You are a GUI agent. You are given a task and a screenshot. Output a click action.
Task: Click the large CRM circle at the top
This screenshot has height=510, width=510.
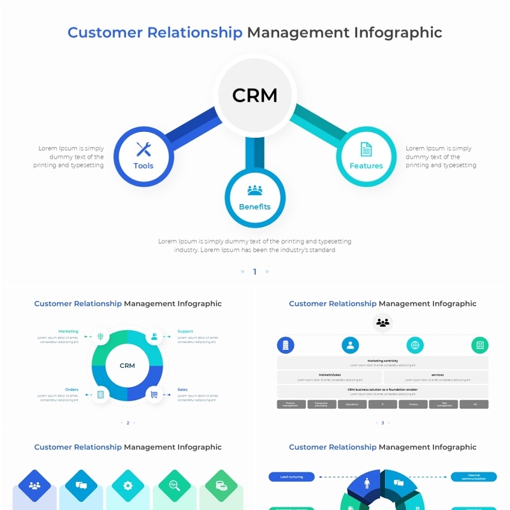255,96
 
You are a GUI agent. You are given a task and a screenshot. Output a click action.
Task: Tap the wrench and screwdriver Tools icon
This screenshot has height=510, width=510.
143,149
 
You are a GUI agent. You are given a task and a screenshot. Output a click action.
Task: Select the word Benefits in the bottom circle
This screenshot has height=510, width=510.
254,207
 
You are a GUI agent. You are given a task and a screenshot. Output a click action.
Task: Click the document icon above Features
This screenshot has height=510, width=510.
366,149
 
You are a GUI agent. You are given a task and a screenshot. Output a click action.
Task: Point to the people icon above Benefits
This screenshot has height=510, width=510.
254,190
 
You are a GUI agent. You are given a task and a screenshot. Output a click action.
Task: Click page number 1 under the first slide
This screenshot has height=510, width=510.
254,272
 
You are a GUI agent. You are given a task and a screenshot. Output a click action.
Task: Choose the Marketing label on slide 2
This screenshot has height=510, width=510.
68,331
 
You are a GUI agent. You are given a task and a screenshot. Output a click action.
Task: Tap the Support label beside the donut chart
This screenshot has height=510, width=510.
185,331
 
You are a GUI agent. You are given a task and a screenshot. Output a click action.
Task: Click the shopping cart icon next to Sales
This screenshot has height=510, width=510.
154,395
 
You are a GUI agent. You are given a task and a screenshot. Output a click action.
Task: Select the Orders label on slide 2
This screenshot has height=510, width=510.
71,390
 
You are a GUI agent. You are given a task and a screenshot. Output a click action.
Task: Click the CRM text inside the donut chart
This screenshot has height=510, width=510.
127,365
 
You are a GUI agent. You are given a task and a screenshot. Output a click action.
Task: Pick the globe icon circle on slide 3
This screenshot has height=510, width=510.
415,346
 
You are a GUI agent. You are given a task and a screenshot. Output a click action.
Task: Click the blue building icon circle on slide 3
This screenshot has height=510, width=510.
286,346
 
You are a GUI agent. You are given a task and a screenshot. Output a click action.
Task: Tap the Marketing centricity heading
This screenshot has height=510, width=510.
382,361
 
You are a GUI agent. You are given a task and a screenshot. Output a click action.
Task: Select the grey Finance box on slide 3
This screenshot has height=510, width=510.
413,404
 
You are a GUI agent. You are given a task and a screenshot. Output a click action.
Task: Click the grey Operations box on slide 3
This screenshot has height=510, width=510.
352,404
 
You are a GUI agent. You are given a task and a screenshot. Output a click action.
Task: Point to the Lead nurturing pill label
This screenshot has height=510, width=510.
291,476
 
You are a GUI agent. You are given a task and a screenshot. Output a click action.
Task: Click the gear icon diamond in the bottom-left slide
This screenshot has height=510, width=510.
127,485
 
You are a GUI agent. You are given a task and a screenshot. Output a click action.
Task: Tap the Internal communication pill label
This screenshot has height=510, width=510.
474,476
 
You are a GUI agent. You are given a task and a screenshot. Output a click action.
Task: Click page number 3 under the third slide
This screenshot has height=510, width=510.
382,423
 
